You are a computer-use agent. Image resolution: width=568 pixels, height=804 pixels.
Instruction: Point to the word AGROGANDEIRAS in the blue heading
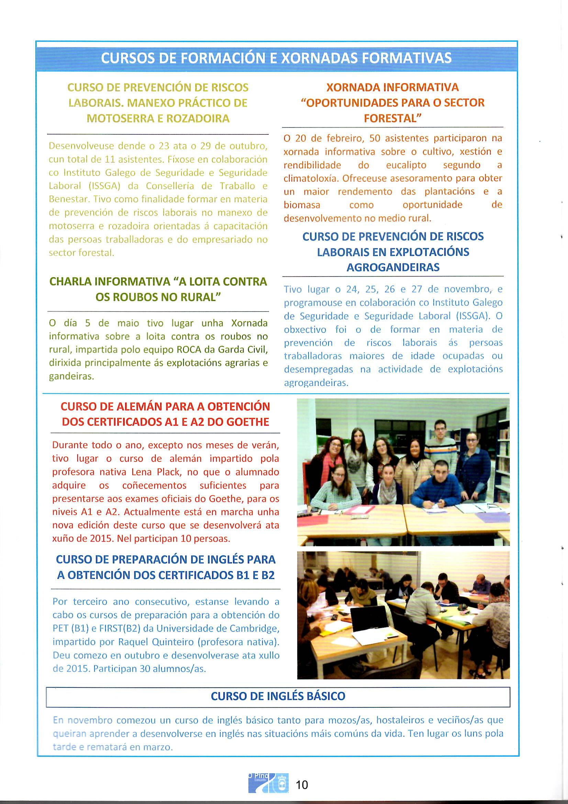click(393, 268)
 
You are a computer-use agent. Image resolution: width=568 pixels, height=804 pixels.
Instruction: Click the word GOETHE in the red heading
click(248, 422)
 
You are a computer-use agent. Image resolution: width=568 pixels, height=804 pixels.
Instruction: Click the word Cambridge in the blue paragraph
click(254, 629)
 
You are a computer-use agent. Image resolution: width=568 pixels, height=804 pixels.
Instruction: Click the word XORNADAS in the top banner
click(320, 58)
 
